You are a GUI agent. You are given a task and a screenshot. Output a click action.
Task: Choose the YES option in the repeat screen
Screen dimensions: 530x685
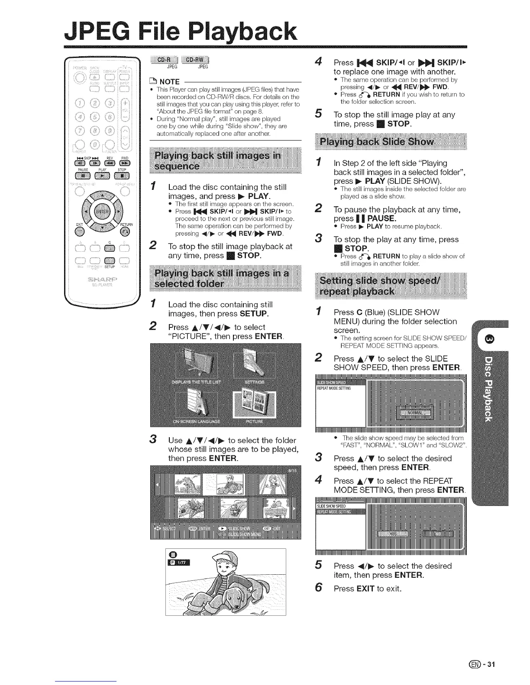pyautogui.click(x=393, y=534)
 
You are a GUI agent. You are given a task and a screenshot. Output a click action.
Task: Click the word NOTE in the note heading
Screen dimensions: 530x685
pyautogui.click(x=169, y=82)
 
